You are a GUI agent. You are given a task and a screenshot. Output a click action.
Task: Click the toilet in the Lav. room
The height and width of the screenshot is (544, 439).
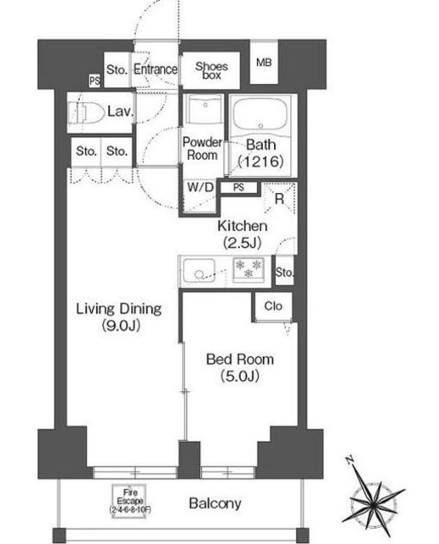(86, 112)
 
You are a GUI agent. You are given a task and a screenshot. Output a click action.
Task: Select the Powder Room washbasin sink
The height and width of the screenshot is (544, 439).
(204, 108)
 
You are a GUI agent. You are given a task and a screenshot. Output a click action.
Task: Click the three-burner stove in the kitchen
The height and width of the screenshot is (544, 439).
(248, 269)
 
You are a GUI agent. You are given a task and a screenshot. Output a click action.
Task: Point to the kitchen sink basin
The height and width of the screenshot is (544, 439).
(199, 270)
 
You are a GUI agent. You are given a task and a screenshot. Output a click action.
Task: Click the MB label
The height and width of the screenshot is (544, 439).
(264, 63)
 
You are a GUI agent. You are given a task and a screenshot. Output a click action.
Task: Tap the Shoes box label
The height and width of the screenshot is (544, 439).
(212, 71)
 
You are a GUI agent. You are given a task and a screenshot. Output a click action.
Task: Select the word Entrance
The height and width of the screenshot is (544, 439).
(156, 70)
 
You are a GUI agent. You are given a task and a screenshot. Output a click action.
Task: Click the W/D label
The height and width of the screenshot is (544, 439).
(201, 187)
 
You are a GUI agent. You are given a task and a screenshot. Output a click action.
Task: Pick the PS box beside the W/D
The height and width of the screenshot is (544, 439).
(238, 188)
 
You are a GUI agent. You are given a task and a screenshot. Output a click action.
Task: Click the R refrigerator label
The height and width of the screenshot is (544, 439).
(279, 198)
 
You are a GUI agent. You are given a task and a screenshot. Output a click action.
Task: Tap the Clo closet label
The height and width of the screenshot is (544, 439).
(273, 306)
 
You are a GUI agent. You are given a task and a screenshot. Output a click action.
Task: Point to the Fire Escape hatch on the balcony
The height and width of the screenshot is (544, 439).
(129, 501)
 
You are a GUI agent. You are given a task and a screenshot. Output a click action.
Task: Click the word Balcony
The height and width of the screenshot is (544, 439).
(215, 503)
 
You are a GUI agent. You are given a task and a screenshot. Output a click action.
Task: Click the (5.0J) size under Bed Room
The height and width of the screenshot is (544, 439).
(240, 376)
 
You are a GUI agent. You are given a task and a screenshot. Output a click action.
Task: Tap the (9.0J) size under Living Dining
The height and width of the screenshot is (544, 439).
(121, 326)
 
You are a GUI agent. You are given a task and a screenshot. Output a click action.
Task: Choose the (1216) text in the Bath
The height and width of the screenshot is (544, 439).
(261, 161)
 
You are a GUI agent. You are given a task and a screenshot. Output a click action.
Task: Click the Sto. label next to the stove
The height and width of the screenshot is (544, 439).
(284, 272)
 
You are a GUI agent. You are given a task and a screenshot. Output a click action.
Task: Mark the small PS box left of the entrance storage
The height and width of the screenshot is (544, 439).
(94, 82)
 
